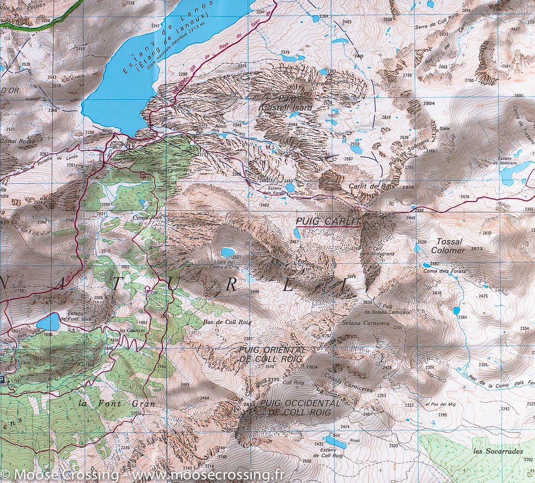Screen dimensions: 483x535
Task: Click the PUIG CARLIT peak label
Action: click(x=329, y=221)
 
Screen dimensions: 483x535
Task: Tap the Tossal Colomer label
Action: click(x=449, y=246)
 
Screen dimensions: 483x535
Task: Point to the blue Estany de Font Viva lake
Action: click(x=49, y=321)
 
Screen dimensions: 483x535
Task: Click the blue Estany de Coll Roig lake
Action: click(x=337, y=442)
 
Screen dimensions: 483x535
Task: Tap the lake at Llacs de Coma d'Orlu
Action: click(x=228, y=252)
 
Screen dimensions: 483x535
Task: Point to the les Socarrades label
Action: click(x=498, y=451)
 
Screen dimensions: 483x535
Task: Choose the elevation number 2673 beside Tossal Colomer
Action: click(x=477, y=248)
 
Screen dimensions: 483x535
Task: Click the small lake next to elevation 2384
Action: click(x=456, y=310)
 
